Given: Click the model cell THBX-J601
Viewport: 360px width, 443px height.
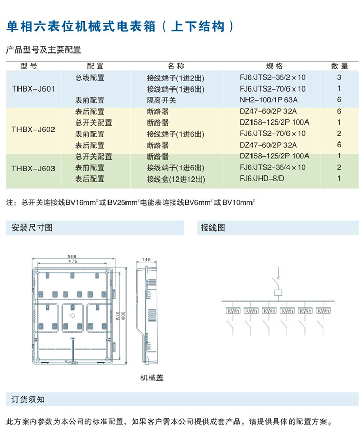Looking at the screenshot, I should tap(33, 88).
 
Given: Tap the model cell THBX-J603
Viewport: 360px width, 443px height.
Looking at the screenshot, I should tap(33, 168).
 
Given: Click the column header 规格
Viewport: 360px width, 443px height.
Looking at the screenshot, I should tap(274, 66).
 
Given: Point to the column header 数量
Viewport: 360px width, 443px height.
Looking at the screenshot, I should tap(339, 66).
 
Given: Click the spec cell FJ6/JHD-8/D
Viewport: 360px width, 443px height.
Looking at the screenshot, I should tap(261, 179).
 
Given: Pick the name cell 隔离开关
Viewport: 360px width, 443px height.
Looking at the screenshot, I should tap(161, 100).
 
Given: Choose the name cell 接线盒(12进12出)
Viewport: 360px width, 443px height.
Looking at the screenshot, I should tap(175, 179).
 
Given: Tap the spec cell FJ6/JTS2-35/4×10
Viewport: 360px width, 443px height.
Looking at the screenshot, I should tap(273, 168).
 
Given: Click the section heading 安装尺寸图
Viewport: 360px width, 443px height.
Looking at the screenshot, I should tap(32, 227).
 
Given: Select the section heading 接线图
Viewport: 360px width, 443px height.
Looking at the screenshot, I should tap(213, 227).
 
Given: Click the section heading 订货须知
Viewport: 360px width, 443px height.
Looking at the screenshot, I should tap(28, 399).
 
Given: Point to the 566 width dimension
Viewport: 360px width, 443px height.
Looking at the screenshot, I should tap(71, 256).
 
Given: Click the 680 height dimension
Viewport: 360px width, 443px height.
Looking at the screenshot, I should tap(124, 314).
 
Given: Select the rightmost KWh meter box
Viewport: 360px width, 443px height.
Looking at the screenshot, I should tap(323, 311).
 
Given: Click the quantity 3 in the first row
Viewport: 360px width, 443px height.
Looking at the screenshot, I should tap(339, 77).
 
